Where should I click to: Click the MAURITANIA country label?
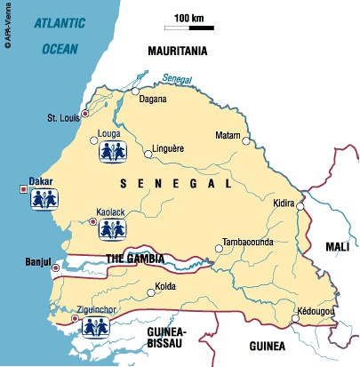tap(177, 52)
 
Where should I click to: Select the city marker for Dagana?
tap(135, 91)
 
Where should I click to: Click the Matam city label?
tap(228, 135)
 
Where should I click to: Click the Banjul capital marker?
tap(56, 267)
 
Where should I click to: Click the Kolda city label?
tap(165, 286)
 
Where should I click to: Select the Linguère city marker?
tap(148, 156)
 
